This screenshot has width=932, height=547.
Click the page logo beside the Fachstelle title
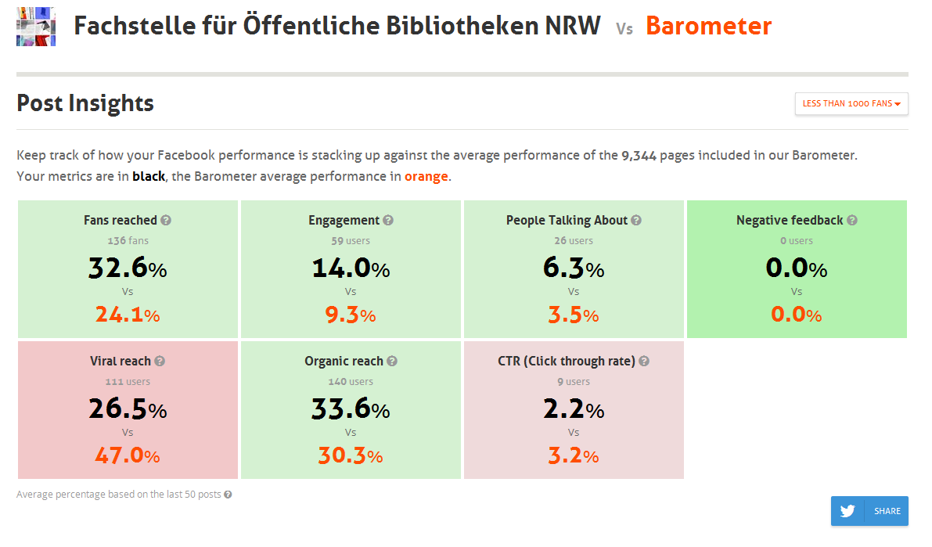click(36, 27)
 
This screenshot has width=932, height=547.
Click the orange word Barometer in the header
click(708, 26)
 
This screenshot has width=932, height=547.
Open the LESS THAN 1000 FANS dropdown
click(851, 103)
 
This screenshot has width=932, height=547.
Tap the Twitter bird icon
click(847, 511)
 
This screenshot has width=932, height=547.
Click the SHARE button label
click(887, 511)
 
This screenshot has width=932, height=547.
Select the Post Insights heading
click(85, 103)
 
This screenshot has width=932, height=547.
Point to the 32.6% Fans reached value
click(128, 268)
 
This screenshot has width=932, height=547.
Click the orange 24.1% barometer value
click(128, 315)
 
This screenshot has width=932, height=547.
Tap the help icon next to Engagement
click(388, 220)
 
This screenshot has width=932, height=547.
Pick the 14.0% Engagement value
click(351, 268)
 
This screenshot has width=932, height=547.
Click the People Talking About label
click(567, 221)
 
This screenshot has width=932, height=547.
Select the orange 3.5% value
click(574, 315)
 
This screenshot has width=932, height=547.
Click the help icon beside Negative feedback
click(851, 220)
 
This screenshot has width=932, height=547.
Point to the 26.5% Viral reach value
click(128, 409)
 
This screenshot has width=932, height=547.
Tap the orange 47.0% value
click(128, 455)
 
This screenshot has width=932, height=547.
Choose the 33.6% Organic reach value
click(351, 409)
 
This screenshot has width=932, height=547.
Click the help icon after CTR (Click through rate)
click(644, 361)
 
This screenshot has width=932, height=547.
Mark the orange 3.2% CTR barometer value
click(574, 455)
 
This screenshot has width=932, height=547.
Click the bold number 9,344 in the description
click(639, 156)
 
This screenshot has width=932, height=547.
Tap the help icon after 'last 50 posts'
click(228, 495)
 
